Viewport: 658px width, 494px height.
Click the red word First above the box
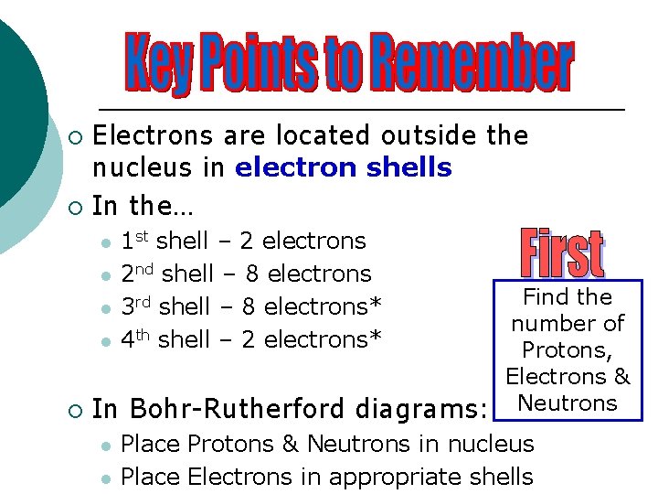tap(563, 253)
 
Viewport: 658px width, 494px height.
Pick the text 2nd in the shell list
tap(137, 274)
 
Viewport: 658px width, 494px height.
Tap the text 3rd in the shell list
tap(136, 306)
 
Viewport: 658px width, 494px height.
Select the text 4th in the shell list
tap(136, 339)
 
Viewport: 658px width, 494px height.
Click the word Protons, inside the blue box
tap(568, 349)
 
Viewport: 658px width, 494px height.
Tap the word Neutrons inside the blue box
tap(568, 403)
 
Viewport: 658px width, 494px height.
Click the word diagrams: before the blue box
tap(419, 409)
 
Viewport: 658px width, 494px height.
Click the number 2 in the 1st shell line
tap(246, 241)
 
